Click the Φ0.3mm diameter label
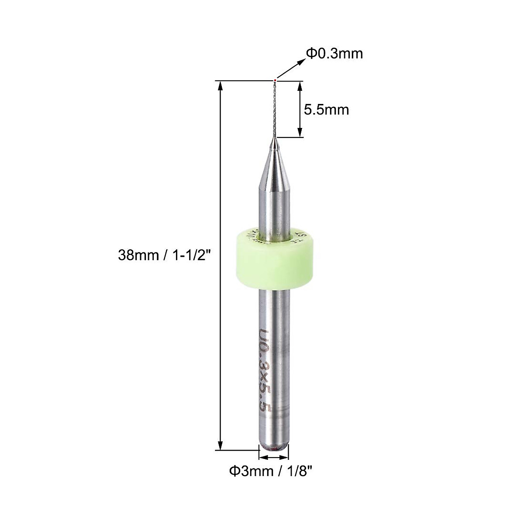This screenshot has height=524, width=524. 334,54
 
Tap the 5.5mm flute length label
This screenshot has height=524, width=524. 327,110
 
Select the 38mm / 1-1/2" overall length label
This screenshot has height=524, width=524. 165,255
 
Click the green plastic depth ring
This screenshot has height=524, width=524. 274,262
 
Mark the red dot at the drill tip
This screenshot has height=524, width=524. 275,80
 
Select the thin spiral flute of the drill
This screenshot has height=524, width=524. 274,109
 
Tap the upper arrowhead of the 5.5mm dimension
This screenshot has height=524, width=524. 300,86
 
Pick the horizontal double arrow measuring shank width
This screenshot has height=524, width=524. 274,457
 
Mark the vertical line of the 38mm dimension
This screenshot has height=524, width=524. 221,262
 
